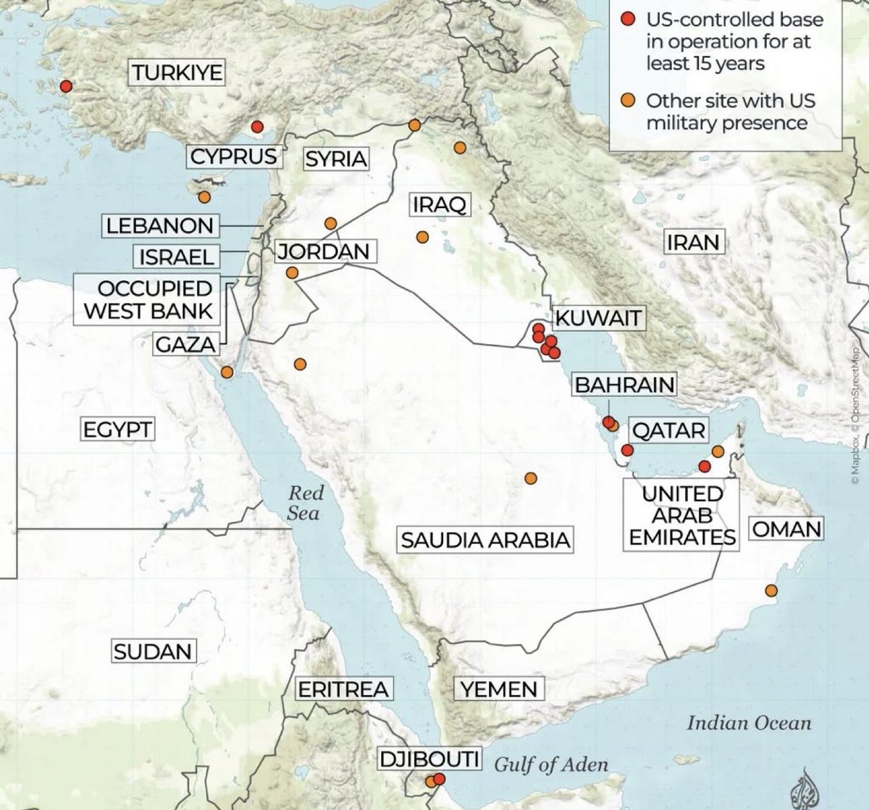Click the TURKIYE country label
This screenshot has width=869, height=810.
coord(177,72)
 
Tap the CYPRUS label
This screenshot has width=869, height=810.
coord(233,156)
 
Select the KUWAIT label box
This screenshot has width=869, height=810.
coord(598,317)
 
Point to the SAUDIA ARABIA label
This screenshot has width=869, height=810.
coord(485,540)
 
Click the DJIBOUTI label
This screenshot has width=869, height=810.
coord(429,759)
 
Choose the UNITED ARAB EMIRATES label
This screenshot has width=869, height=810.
coord(682,515)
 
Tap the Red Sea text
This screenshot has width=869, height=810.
coord(304,503)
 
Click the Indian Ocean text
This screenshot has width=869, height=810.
coord(749,722)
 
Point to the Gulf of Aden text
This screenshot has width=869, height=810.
coord(551,764)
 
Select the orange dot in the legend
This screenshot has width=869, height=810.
coord(629,99)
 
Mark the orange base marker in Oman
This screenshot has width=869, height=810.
coord(771,591)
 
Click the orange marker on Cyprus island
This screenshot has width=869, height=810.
coord(204,196)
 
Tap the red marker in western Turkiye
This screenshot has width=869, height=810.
coord(66,86)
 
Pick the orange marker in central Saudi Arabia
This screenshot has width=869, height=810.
coord(530,478)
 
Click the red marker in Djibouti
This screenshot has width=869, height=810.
coord(439,779)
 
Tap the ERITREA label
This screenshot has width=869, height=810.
coord(343,689)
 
